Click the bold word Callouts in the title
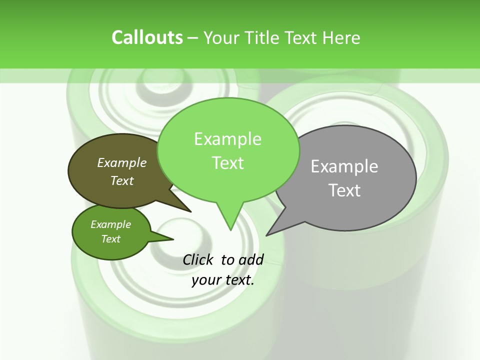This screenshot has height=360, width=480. (x=147, y=37)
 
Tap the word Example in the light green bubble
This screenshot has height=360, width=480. (x=227, y=139)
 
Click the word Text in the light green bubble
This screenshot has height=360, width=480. (x=227, y=163)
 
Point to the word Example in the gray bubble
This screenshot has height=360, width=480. (x=344, y=166)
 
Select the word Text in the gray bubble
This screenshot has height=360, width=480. (x=344, y=190)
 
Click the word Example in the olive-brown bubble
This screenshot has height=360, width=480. (x=121, y=162)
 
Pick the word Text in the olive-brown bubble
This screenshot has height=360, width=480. (x=121, y=180)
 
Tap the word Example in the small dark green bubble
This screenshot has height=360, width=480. (x=110, y=224)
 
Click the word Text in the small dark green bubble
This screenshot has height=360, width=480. (x=110, y=239)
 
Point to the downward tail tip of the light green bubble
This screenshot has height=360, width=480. (x=230, y=228)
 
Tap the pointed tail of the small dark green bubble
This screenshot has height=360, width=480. (x=170, y=239)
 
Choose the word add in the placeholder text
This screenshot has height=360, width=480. (x=251, y=259)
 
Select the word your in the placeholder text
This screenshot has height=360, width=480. (x=205, y=280)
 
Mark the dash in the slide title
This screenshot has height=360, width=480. (x=193, y=38)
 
